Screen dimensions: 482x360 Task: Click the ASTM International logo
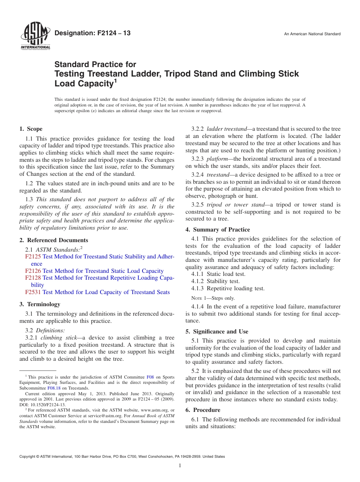pyautogui.click(x=35, y=36)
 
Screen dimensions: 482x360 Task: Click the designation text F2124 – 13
pyautogui.click(x=92, y=33)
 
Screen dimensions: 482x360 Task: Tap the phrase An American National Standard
pyautogui.click(x=312, y=34)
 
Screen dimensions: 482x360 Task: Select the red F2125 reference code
pyautogui.click(x=33, y=257)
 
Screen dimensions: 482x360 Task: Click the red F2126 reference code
pyautogui.click(x=33, y=271)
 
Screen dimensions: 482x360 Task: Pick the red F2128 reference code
pyautogui.click(x=33, y=278)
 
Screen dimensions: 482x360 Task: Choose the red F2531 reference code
pyautogui.click(x=33, y=292)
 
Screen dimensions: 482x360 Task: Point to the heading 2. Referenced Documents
pyautogui.click(x=53, y=240)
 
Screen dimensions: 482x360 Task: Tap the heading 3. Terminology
pyautogui.click(x=40, y=304)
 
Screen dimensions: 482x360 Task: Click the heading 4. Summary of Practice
pyautogui.click(x=218, y=230)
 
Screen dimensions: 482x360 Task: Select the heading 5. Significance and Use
pyautogui.click(x=217, y=332)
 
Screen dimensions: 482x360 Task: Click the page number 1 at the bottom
pyautogui.click(x=180, y=466)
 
